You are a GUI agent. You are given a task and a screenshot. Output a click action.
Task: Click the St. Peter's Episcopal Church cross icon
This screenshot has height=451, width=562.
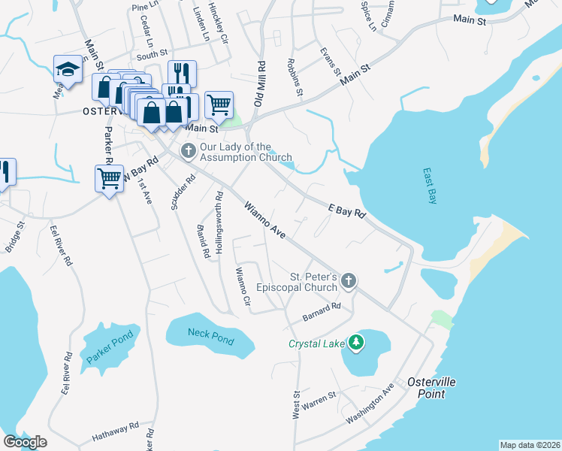(347, 281)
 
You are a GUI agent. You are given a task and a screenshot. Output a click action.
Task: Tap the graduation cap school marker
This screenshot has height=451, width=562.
(68, 71)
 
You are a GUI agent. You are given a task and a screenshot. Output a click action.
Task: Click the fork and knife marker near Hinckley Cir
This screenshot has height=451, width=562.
(182, 73)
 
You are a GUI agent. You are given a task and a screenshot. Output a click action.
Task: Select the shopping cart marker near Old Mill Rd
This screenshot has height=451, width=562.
(219, 104)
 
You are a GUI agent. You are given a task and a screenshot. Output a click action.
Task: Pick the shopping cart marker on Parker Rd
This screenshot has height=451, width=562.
(110, 179)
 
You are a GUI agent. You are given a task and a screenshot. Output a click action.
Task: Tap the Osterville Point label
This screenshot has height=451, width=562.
(431, 388)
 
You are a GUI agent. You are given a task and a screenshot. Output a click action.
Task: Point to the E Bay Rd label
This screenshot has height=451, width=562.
(347, 211)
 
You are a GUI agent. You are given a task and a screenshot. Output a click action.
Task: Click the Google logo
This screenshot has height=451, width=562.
(26, 442)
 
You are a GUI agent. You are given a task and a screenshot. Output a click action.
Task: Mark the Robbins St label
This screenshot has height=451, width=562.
(295, 77)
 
